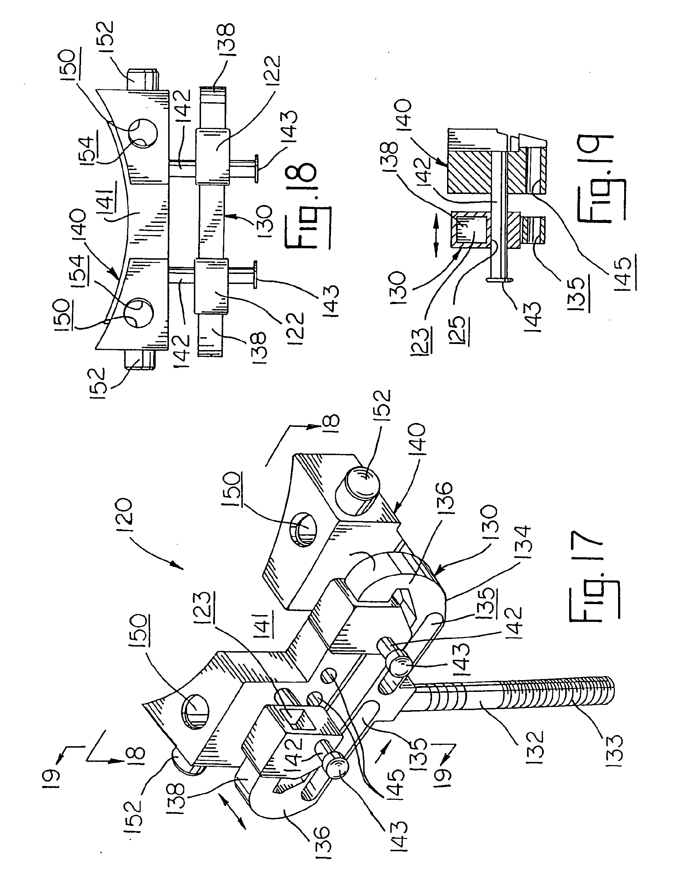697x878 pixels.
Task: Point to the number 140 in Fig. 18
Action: click(x=79, y=226)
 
